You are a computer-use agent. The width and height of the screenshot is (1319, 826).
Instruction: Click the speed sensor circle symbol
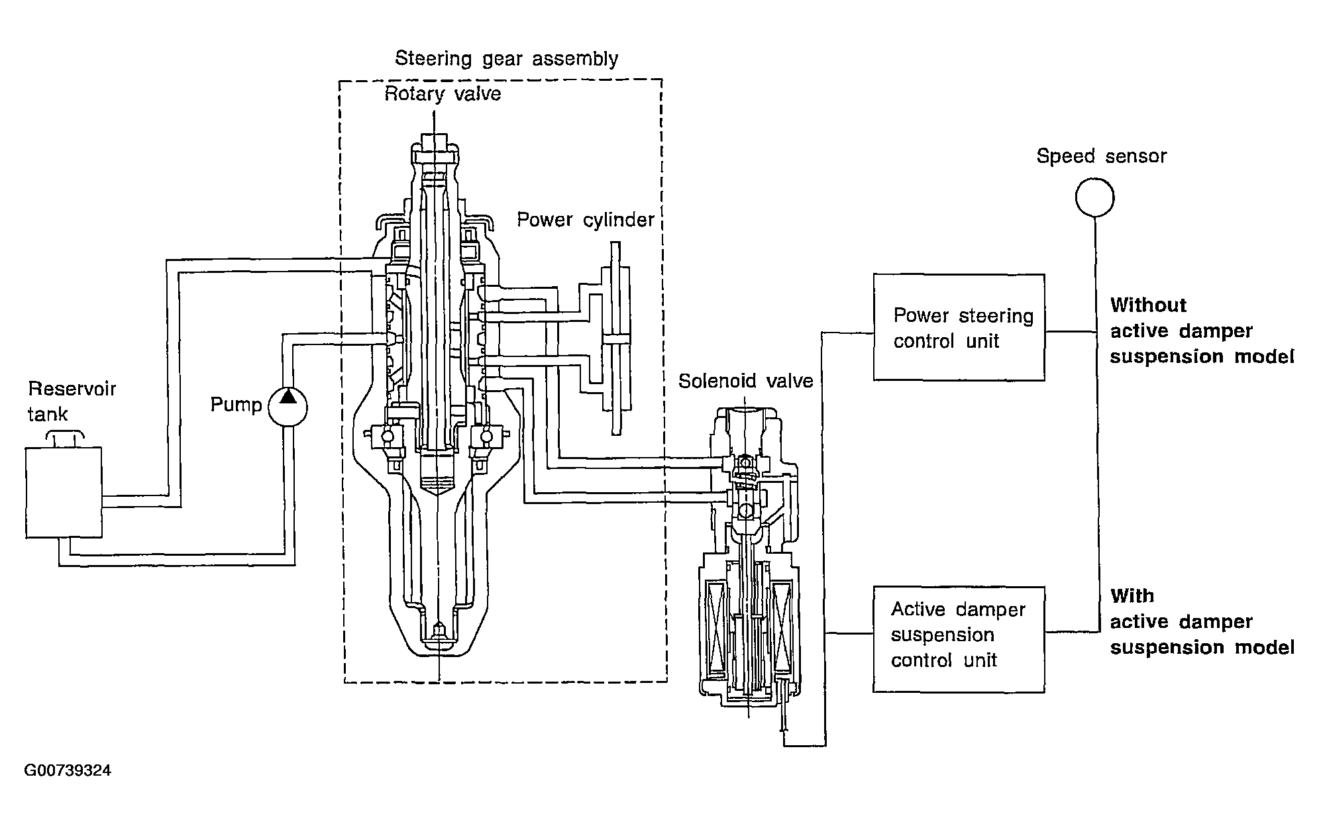coord(1094,197)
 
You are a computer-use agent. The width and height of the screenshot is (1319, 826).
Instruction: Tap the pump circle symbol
coord(288,405)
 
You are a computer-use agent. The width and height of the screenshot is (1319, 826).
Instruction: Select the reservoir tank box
coord(64,492)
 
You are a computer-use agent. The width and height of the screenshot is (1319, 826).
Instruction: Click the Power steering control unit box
coord(959,327)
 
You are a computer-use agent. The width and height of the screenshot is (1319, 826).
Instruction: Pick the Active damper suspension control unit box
coord(959,639)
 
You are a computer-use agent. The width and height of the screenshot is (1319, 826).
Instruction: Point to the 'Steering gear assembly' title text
coord(506,58)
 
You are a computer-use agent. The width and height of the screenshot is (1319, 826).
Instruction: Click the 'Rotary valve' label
coord(443,93)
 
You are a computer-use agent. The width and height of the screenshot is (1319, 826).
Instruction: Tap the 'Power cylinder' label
coord(586,219)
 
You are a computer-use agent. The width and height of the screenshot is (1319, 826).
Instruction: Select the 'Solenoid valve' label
coord(745,381)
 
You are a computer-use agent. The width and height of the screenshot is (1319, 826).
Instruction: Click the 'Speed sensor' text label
coord(1101,156)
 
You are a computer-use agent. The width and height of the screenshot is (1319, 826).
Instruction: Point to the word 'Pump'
coord(236,404)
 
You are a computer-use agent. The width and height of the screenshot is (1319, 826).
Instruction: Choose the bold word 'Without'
coord(1148,305)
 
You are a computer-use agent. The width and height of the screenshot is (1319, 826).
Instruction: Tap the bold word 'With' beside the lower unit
coord(1132,595)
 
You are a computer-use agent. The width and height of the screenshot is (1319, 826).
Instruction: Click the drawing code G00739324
coord(68,770)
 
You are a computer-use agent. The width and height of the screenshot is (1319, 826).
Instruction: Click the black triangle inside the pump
coord(288,397)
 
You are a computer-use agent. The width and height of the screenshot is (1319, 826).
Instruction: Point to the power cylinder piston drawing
coord(615,338)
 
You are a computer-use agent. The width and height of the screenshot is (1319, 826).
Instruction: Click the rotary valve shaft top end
coord(434,142)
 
